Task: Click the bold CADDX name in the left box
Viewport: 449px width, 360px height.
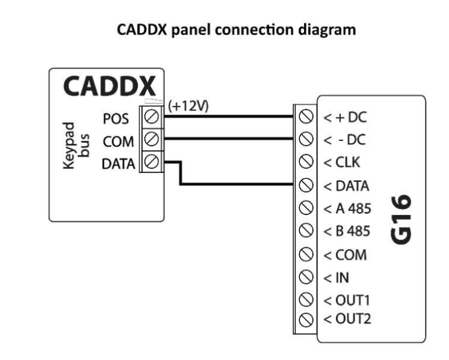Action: pos(110,87)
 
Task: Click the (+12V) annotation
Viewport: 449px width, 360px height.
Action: pos(188,106)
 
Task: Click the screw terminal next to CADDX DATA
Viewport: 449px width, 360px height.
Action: pos(151,163)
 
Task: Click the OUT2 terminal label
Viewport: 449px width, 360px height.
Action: pos(348,319)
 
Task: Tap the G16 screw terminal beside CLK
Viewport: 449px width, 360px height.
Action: pos(305,162)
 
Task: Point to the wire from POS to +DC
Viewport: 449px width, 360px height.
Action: pos(228,117)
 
